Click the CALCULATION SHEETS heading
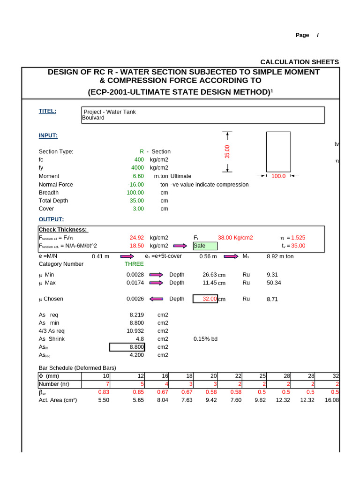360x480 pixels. pos(299,62)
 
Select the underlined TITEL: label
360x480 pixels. pos(47,111)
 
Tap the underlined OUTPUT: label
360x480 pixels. pos(51,219)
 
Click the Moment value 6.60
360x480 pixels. pos(138,176)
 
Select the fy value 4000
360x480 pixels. pos(137,168)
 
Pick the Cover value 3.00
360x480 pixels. pos(138,209)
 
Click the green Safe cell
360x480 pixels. pos(205,246)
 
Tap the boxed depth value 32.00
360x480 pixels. pos(205,299)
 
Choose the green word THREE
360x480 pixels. pos(134,264)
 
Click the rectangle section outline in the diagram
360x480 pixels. pos(278,151)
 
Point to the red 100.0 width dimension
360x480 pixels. pos(278,176)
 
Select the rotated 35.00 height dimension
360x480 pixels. pos(227,151)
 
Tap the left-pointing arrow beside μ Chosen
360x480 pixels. pos(156,299)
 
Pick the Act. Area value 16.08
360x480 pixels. pos(331,400)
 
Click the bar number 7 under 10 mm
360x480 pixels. pos(107,384)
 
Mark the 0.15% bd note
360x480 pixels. pos(205,339)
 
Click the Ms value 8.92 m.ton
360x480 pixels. pos(280,256)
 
